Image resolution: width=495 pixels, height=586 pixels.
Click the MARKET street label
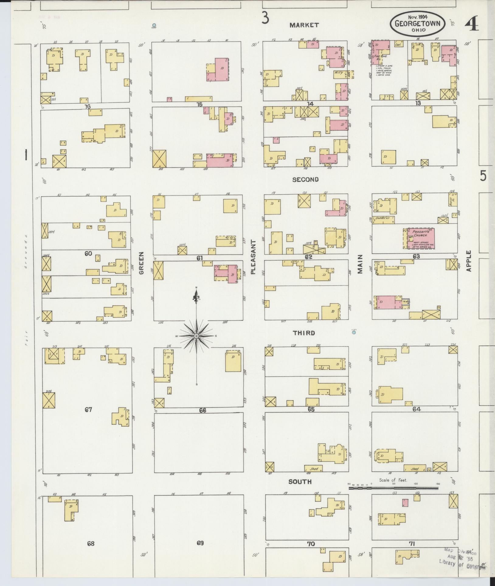coord(304,25)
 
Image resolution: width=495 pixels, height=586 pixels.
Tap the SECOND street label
coord(305,179)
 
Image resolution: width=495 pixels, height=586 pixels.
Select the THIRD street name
coord(304,333)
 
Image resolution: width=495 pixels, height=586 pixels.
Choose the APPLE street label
coord(469,261)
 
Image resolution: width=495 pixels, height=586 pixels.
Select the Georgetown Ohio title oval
coord(417,24)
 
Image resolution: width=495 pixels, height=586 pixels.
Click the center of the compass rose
coord(196,336)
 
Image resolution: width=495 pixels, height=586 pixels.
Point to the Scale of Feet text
coord(393,480)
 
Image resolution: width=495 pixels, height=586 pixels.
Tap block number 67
coord(88,410)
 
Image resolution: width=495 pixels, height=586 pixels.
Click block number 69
coord(200,543)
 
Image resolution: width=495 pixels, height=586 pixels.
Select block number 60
coord(88,253)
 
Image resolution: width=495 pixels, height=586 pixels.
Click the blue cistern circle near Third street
coord(354,332)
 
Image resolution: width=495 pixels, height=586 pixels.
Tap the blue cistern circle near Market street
coord(154,25)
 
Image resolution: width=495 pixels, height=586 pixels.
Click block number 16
coord(88,106)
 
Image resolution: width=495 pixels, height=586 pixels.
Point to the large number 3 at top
coord(265,19)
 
